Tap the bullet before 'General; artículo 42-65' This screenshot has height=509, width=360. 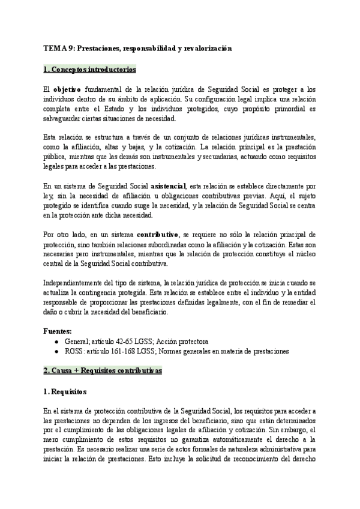pyautogui.click(x=56, y=340)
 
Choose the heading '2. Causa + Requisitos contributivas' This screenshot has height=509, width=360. pyautogui.click(x=103, y=371)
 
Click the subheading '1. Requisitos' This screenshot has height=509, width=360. pyautogui.click(x=65, y=392)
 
